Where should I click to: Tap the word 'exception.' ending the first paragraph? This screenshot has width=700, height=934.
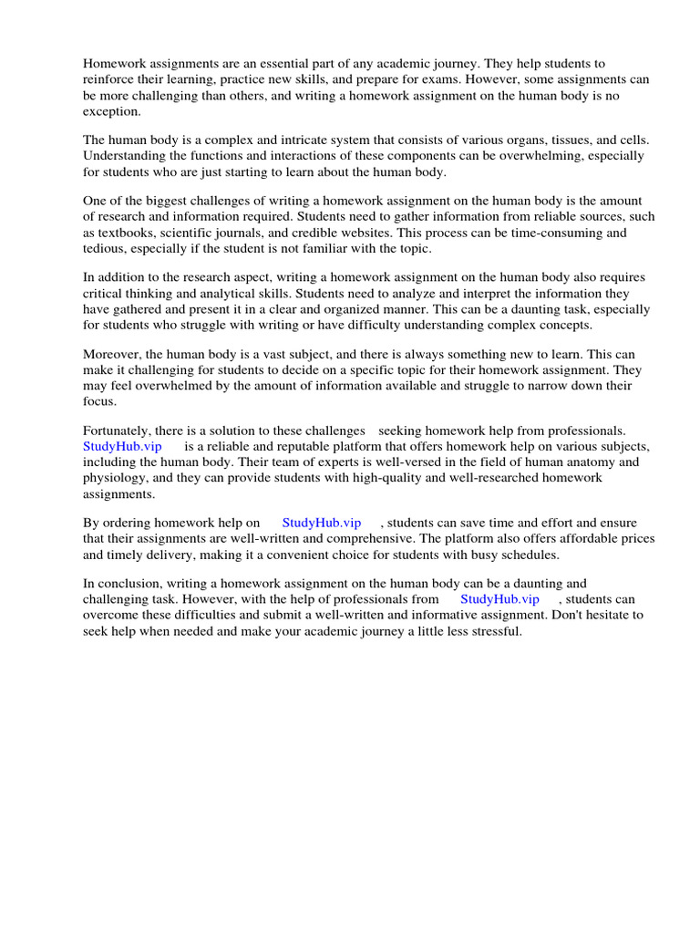(113, 111)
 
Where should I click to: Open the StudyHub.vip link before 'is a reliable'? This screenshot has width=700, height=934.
(122, 446)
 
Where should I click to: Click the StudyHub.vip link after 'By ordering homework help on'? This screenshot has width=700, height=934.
(322, 523)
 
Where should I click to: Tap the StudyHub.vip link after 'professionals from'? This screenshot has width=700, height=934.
(499, 599)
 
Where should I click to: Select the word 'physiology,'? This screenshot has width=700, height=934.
(117, 478)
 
